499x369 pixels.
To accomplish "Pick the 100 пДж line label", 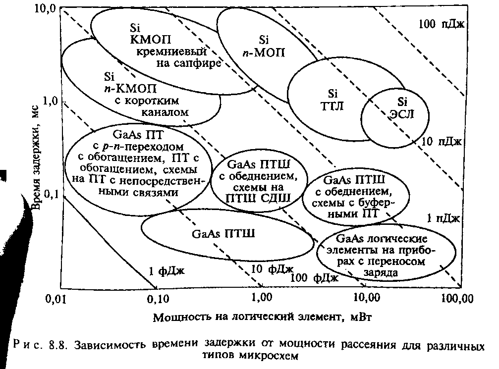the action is pyautogui.click(x=440, y=23).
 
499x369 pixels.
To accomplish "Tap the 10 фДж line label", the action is pyautogui.click(x=270, y=269).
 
